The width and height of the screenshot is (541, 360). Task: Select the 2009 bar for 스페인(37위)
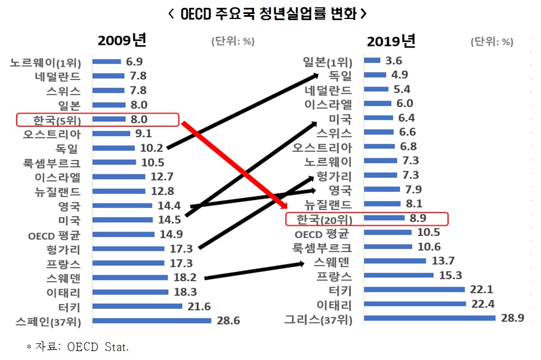(x=152, y=321)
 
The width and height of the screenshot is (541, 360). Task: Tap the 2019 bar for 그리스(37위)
(x=429, y=318)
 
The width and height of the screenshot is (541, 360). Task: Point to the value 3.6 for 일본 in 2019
(x=394, y=60)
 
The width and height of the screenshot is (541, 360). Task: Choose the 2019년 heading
(x=391, y=41)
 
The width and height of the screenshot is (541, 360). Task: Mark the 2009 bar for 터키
(x=137, y=306)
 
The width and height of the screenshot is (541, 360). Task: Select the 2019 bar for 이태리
(x=415, y=304)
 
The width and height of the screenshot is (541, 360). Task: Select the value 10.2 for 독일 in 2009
(x=151, y=148)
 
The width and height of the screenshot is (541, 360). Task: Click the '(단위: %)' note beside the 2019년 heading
(x=492, y=41)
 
